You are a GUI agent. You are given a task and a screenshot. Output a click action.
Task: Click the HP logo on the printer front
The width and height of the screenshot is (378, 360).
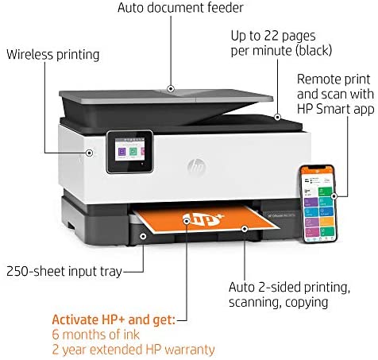(197, 167)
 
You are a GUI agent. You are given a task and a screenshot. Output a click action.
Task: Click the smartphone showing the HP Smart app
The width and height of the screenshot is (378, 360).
(318, 203)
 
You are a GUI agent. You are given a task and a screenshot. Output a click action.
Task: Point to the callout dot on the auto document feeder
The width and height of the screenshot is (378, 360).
(171, 89)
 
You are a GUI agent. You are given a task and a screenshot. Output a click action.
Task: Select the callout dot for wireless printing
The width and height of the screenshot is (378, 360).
(90, 153)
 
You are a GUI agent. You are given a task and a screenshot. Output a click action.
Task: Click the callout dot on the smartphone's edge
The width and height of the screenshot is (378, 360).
(334, 196)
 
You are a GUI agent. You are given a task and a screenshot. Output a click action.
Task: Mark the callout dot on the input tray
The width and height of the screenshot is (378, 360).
(143, 236)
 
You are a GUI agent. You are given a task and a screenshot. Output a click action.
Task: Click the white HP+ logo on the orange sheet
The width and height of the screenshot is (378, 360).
(203, 219)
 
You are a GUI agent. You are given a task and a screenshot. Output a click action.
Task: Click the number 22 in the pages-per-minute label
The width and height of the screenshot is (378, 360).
(268, 36)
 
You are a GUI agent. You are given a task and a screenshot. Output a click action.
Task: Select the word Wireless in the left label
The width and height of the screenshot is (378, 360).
(29, 55)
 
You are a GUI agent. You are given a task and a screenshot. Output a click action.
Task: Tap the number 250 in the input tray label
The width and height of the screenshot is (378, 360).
(17, 271)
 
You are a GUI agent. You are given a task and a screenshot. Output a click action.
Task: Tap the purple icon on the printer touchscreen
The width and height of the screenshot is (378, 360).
(121, 152)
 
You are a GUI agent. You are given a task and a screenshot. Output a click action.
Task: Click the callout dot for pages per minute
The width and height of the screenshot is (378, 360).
(277, 117)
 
